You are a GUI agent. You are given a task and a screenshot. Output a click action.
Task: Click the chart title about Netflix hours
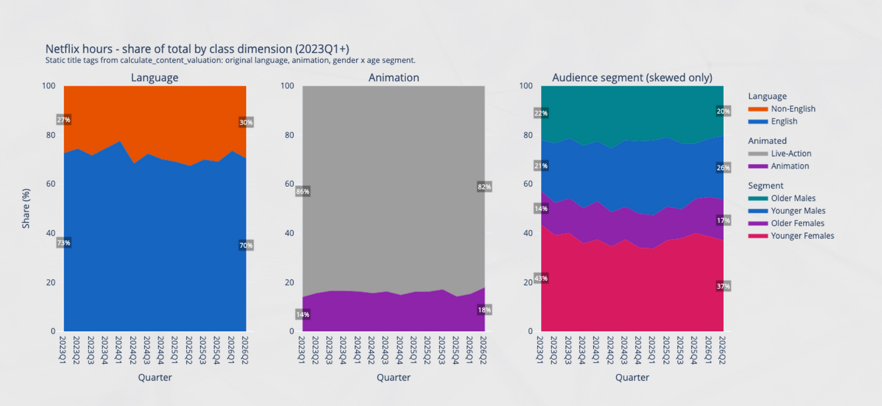tap(197, 49)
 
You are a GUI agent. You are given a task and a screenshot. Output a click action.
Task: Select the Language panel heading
tap(155, 78)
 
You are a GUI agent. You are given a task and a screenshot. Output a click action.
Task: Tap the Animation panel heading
tap(394, 78)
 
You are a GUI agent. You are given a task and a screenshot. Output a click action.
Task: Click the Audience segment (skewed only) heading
tap(632, 78)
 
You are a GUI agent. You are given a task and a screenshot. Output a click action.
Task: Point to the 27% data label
tap(63, 120)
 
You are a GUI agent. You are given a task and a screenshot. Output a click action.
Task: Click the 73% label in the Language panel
tap(63, 243)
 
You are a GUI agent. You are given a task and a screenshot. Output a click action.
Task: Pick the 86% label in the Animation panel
tap(303, 192)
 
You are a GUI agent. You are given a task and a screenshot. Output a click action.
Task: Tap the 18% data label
tap(485, 310)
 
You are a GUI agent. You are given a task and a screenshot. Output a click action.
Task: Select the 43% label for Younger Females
tap(541, 278)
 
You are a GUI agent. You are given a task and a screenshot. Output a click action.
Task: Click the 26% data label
tap(723, 168)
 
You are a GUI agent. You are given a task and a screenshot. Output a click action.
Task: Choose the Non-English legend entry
tap(782, 109)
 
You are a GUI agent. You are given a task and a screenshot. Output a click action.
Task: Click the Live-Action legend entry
tap(780, 154)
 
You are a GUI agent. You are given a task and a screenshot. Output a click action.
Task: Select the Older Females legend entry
tap(786, 224)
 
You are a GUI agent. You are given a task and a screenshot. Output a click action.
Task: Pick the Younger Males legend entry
tap(787, 211)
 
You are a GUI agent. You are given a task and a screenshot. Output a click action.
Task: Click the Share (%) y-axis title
tap(26, 208)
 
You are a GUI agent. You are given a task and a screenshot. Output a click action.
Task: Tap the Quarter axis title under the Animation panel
tap(394, 377)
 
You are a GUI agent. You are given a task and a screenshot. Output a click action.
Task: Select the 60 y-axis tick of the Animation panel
tap(289, 184)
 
